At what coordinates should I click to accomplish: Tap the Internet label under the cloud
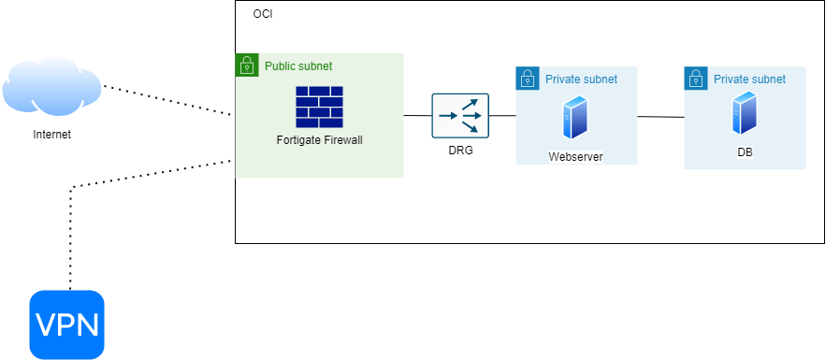pos(51,135)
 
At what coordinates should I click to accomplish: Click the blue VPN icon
pos(66,324)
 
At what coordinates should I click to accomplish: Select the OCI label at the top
pos(263,15)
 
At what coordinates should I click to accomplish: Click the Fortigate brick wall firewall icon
pos(319,107)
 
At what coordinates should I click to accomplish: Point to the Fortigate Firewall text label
pos(319,140)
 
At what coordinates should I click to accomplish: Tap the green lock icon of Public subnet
pos(246,65)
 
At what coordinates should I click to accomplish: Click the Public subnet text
pos(298,66)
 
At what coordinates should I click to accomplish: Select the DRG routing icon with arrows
pos(460,116)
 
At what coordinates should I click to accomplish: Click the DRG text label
pos(460,150)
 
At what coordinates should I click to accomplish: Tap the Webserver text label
pos(576,156)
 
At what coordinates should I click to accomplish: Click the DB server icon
pos(745,113)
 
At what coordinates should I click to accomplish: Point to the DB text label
pos(745,151)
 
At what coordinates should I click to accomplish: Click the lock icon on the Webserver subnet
pos(528,79)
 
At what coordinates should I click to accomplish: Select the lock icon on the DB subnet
pos(696,79)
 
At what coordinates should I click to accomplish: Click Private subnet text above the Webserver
pos(581,79)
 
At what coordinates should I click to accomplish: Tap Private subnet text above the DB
pos(749,79)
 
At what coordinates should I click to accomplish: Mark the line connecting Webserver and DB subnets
pos(660,117)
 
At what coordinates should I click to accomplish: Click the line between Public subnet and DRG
pos(417,116)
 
